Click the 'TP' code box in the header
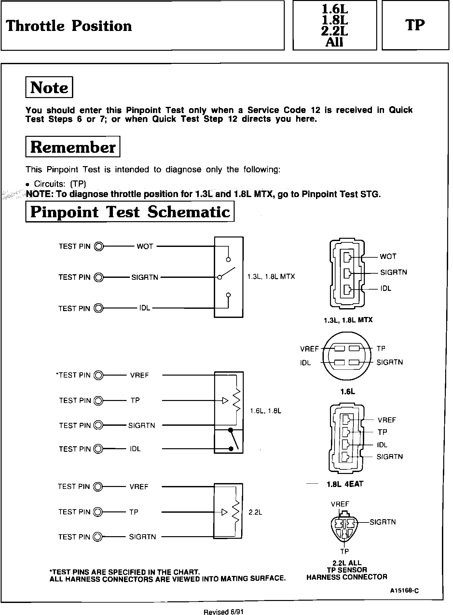(415, 25)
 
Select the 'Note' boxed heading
(49, 87)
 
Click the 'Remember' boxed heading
(73, 147)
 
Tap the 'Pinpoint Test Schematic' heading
(130, 211)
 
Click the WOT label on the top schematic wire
(145, 246)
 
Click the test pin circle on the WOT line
(98, 247)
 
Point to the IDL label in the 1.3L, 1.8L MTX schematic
(144, 308)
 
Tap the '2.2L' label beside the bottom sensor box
(255, 512)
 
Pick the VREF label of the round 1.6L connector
(309, 349)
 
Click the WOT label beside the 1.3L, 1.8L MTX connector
(388, 256)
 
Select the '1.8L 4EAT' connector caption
(345, 484)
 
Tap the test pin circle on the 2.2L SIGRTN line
(98, 537)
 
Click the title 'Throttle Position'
(69, 26)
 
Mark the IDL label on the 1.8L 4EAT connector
(382, 445)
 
